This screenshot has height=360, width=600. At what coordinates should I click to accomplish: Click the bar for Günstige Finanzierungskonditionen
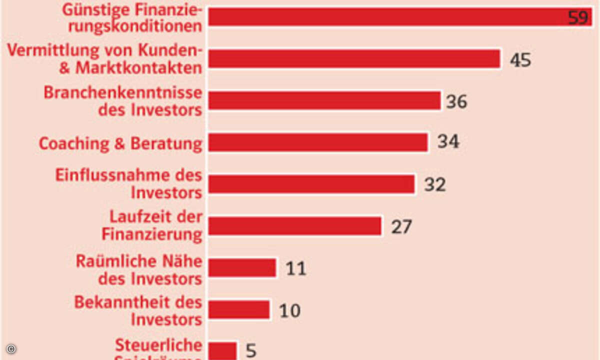point(385,17)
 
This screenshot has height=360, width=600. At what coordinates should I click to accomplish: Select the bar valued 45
point(354,59)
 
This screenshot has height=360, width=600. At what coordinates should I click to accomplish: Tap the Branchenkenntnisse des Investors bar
point(324,100)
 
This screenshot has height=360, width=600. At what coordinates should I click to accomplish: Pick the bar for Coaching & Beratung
point(318,142)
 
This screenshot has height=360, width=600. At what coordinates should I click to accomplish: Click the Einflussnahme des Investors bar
point(311,184)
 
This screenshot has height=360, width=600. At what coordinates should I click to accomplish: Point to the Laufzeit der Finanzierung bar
point(294,226)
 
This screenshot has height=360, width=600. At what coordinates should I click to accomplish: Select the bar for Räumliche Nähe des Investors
point(242,267)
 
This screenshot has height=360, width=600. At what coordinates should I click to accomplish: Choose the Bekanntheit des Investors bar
point(238,309)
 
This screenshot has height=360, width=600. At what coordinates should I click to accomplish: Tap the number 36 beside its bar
point(456,101)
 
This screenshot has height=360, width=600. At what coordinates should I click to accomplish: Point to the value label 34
point(448,142)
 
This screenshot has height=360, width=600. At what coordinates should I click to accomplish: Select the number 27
point(401,226)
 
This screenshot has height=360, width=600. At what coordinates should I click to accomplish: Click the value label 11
point(295,268)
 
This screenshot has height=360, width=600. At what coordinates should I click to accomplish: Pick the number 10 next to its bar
point(289,310)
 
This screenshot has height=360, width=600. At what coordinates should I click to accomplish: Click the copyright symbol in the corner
point(11,348)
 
